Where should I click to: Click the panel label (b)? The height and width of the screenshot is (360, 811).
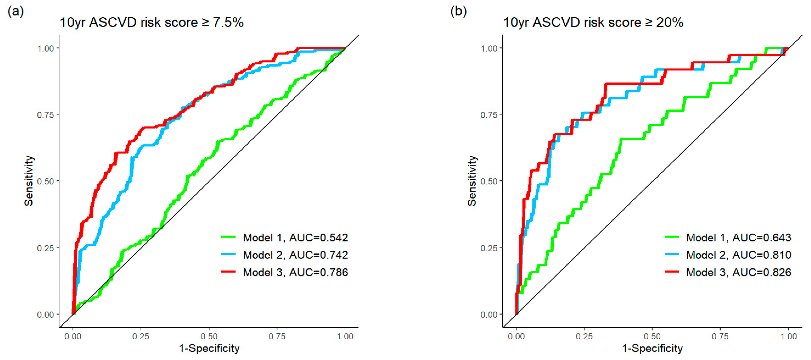coord(458,12)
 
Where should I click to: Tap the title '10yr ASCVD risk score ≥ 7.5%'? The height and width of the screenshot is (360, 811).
coord(151,23)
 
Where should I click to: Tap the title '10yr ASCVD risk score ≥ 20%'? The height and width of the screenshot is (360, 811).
coord(593,23)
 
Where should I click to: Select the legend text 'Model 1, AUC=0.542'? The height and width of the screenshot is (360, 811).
coord(295,238)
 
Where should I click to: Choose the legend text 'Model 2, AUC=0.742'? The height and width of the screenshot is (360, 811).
coord(295,255)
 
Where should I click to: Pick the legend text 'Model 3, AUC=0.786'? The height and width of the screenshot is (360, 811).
coord(295,272)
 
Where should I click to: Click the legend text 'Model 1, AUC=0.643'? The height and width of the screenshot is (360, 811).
coord(739,238)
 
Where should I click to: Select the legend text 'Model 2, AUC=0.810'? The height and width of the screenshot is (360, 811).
coord(739,255)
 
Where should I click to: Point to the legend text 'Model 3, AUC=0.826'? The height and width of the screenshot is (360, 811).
coord(739,272)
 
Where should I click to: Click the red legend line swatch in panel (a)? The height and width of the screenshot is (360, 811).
coord(228,271)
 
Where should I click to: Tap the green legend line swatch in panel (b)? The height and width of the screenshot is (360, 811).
coord(672,237)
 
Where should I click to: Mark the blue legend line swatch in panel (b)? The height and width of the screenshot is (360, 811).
coord(672,254)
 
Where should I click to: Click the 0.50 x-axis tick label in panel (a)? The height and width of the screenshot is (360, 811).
coord(209,336)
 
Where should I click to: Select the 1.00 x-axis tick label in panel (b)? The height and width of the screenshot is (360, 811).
coord(788,336)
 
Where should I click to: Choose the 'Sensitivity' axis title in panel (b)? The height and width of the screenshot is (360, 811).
coord(472,181)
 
